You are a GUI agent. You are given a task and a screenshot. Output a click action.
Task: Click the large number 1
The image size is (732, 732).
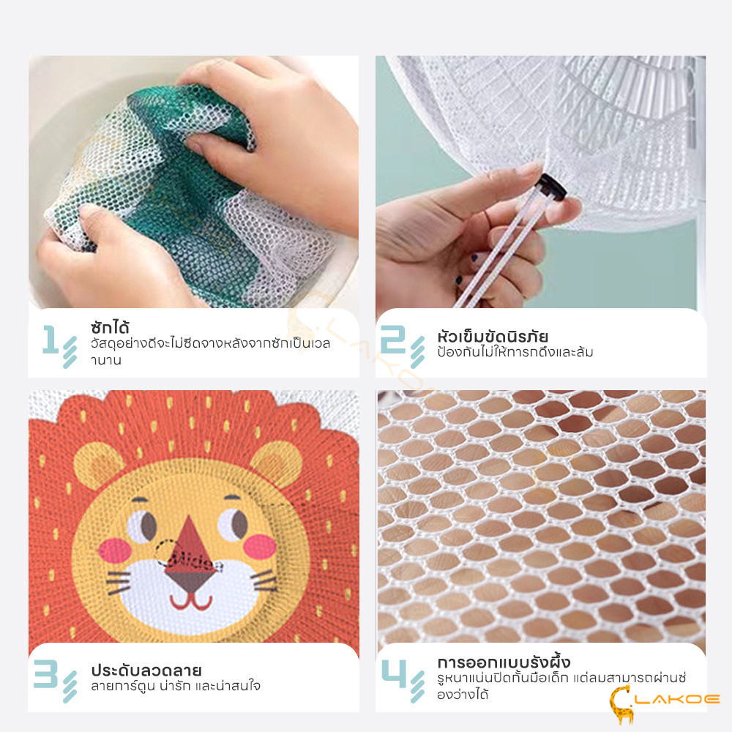click(51, 339)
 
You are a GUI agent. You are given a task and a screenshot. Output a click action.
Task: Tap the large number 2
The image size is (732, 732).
click(394, 339)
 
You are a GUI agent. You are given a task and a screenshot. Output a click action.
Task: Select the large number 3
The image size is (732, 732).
click(45, 673)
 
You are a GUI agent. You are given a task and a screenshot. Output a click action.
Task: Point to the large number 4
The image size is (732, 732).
click(394, 673)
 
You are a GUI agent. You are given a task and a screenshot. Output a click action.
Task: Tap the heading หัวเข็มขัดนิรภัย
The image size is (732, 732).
click(493, 336)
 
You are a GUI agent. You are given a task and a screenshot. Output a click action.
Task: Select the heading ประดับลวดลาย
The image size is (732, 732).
click(146, 671)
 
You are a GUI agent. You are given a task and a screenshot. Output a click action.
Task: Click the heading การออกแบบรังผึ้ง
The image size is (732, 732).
click(504, 662)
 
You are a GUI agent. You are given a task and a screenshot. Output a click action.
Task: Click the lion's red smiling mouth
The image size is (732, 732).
click(191, 602)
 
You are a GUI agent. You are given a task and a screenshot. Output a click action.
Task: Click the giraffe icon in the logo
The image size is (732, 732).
click(621, 703)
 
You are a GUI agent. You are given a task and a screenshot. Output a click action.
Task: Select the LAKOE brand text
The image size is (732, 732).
click(679, 699)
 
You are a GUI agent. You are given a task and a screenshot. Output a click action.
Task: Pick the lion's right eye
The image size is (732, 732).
click(233, 523)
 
